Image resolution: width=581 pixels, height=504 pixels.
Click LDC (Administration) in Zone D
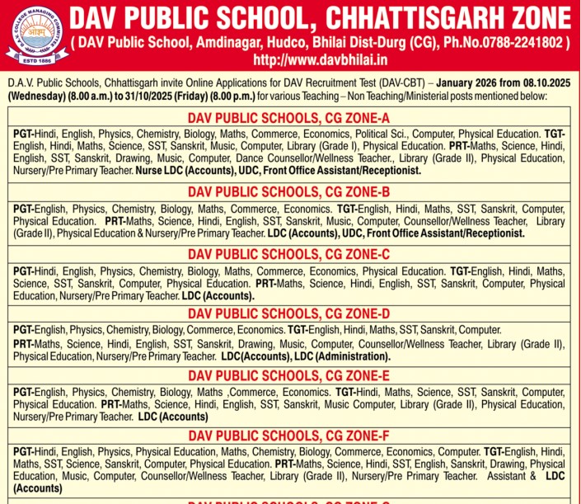342,356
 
